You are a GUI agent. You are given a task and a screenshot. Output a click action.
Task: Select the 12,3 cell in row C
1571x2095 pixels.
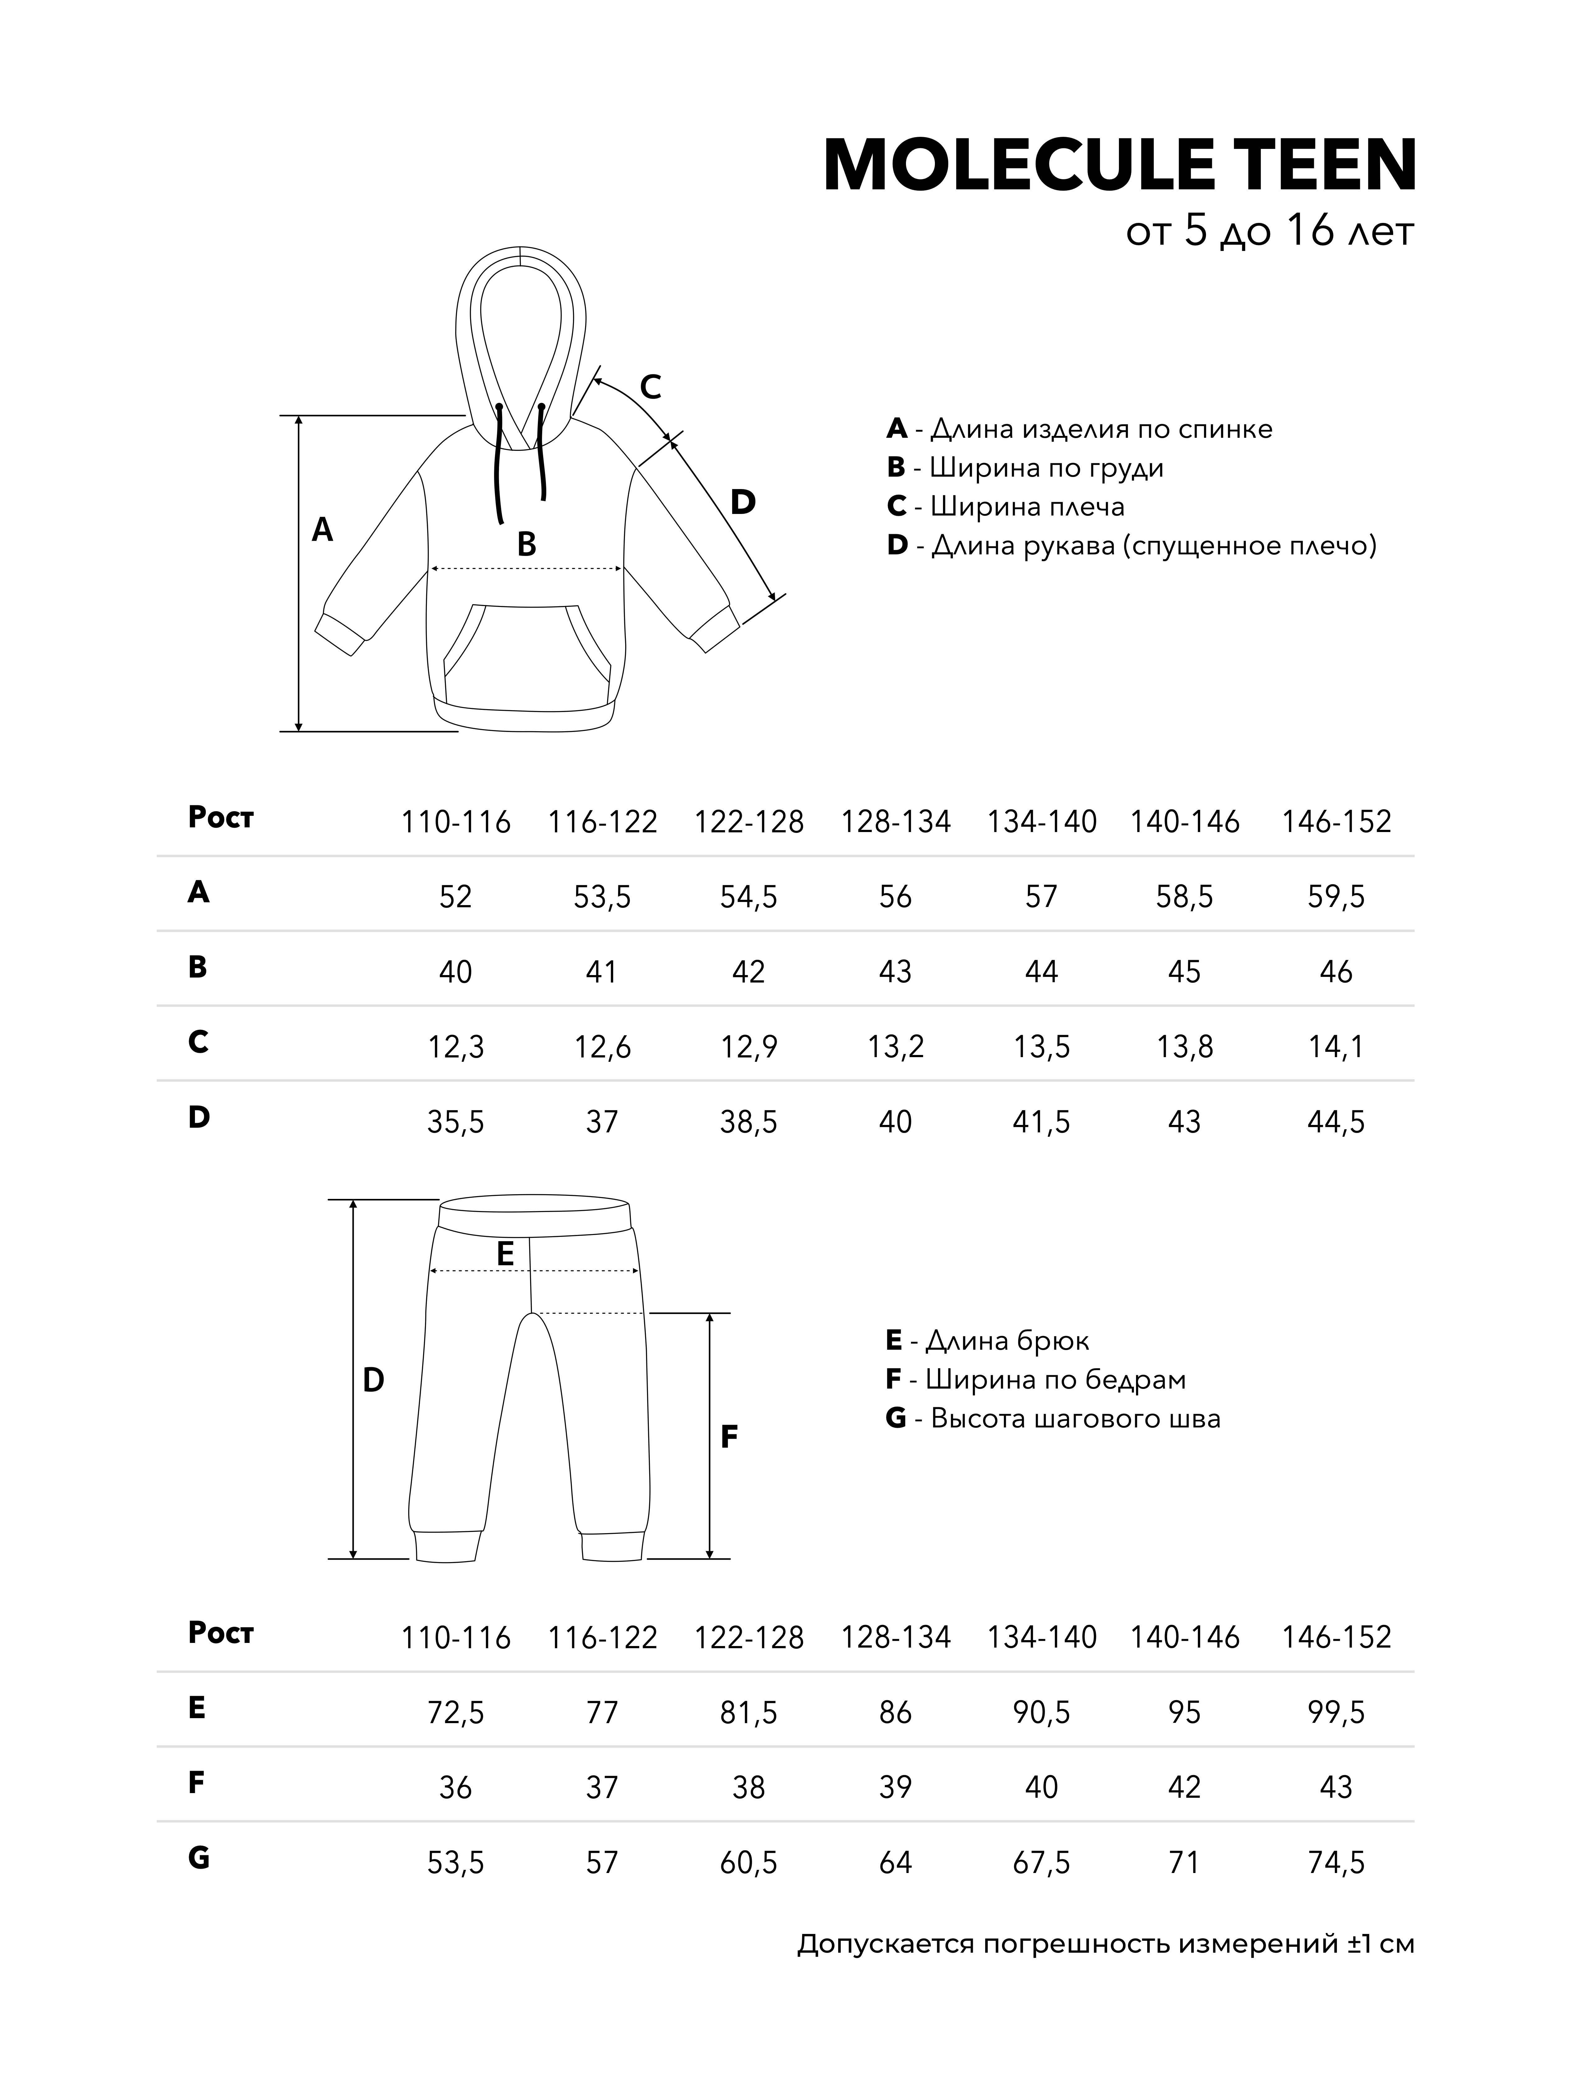pyautogui.click(x=455, y=1047)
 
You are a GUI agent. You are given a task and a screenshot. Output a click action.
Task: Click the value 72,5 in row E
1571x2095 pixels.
pyautogui.click(x=455, y=1712)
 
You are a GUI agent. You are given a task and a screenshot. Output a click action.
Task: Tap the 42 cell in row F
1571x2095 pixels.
pyautogui.click(x=1184, y=1787)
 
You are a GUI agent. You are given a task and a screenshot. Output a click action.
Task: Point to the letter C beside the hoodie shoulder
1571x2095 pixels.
pyautogui.click(x=649, y=387)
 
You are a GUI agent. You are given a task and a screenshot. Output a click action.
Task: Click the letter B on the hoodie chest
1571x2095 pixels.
pyautogui.click(x=526, y=545)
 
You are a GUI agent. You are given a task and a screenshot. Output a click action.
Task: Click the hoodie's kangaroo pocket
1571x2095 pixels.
pyautogui.click(x=526, y=654)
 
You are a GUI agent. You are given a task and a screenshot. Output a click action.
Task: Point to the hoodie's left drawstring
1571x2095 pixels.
pyautogui.click(x=498, y=464)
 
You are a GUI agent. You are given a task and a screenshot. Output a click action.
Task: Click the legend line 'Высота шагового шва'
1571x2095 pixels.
pyautogui.click(x=1053, y=1419)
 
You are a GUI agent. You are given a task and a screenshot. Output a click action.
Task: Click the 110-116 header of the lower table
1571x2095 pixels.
pyautogui.click(x=455, y=1638)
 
